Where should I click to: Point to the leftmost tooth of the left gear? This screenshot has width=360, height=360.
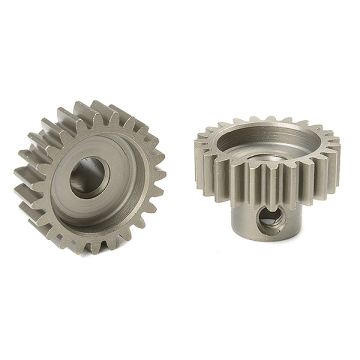coord(22,184)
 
